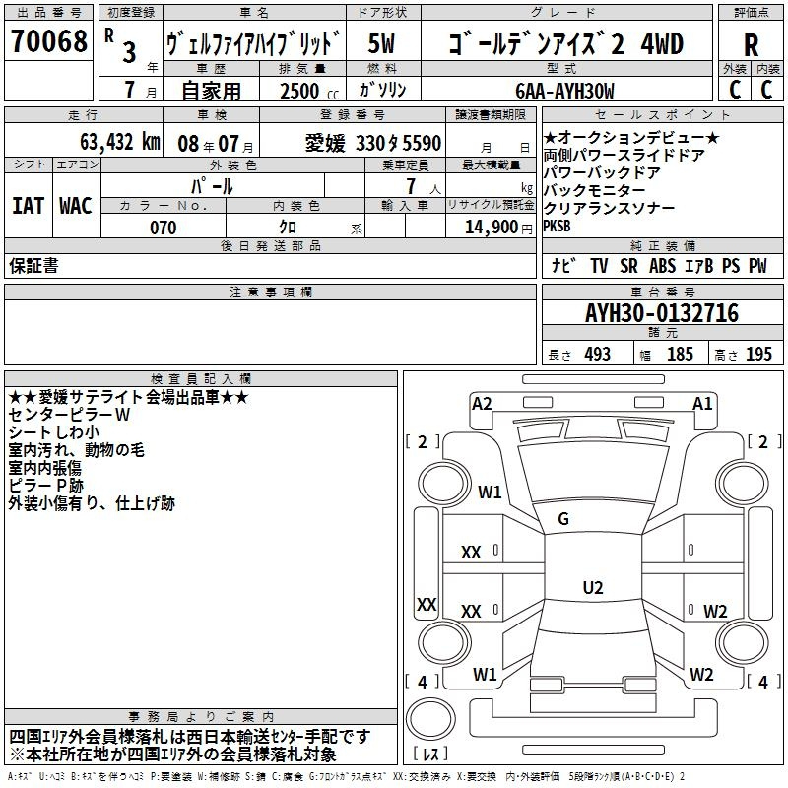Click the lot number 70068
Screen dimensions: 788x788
48,41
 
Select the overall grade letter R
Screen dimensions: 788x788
751,44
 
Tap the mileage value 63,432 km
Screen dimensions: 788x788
120,142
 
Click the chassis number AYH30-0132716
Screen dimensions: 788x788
662,313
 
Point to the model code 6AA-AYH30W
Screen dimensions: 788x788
564,91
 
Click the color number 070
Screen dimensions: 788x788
164,228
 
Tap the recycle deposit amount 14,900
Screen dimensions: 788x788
491,227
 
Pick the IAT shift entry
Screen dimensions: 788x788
29,206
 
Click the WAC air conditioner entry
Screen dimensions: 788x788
76,206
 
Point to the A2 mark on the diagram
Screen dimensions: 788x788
482,404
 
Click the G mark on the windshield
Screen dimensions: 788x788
563,519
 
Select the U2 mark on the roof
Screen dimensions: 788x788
593,587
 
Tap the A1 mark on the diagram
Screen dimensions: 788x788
702,404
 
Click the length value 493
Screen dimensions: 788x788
598,354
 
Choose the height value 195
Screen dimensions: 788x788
758,354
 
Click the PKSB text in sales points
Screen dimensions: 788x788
557,227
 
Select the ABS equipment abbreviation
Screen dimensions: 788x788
662,266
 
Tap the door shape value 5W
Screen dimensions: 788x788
381,43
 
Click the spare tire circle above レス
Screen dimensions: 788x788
430,719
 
